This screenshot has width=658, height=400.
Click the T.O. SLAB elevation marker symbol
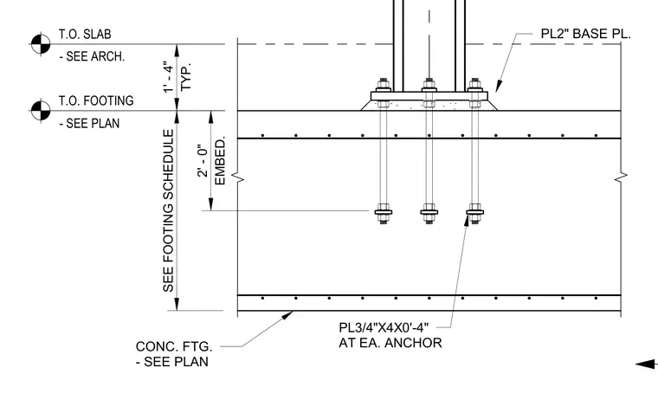[x=41, y=43]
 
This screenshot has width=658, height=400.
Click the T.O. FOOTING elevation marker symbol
[x=41, y=110]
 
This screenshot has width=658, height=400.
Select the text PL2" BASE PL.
[x=585, y=34]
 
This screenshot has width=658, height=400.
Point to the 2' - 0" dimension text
[x=203, y=161]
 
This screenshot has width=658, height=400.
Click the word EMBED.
[x=220, y=160]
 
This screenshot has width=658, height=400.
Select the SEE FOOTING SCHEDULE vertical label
[x=168, y=210]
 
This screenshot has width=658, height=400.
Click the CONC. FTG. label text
[x=174, y=346]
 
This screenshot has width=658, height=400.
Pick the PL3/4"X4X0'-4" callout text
[x=384, y=327]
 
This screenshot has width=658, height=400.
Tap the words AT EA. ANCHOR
[x=390, y=343]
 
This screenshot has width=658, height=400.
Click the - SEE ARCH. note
[x=92, y=56]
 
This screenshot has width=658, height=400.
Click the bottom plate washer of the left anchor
[x=384, y=212]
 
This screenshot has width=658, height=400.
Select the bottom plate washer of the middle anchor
[x=429, y=212]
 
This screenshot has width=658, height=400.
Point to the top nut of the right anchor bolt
[x=475, y=83]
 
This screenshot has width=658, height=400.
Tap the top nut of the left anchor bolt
[x=384, y=83]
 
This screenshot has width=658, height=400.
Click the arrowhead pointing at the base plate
[x=499, y=86]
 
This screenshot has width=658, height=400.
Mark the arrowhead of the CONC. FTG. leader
[x=287, y=315]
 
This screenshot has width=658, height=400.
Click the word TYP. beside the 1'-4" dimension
[x=185, y=77]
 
